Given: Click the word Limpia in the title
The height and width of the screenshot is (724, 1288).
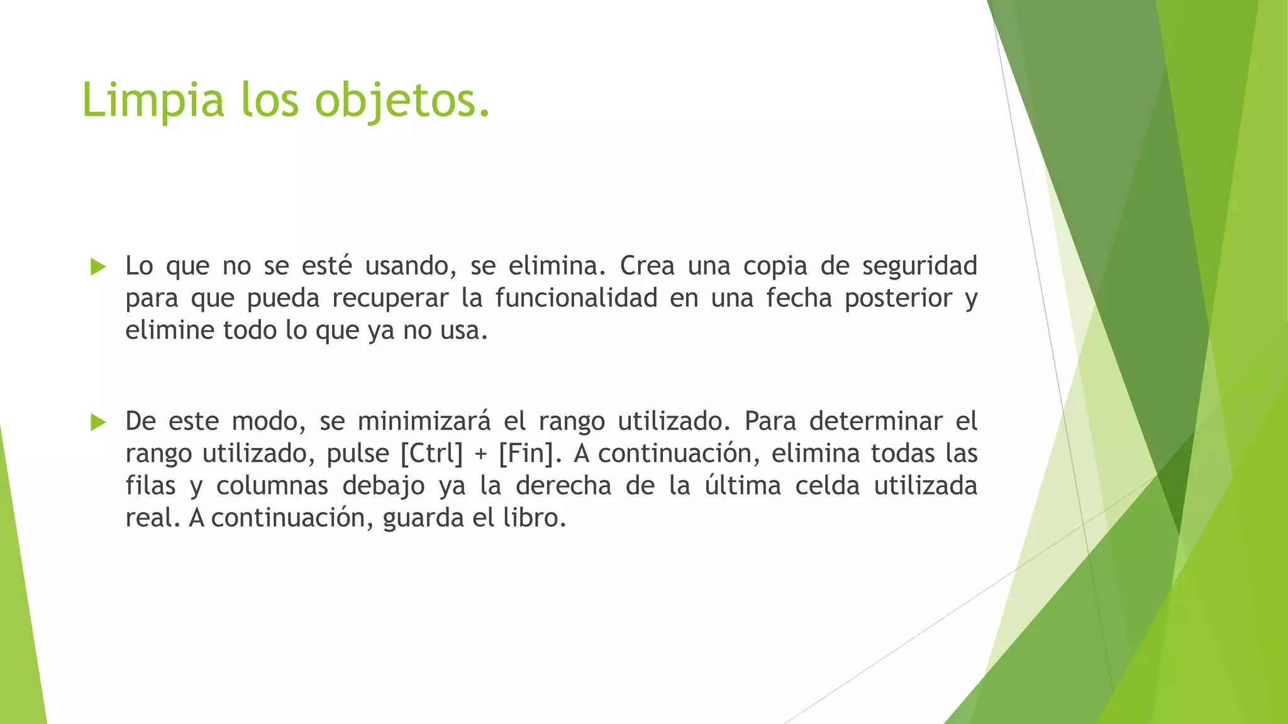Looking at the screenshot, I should (153, 101).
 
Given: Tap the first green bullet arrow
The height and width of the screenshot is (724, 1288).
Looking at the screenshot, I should (98, 266).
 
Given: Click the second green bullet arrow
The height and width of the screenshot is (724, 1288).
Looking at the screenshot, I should (98, 422).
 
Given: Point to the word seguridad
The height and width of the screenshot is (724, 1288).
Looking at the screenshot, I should (919, 266).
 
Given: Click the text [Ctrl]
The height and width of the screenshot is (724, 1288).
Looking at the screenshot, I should (431, 454).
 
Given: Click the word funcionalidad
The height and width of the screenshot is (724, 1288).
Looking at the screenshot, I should (576, 298).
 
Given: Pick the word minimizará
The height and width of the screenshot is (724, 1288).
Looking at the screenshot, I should (424, 421).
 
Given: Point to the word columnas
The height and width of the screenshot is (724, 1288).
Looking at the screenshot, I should (272, 486).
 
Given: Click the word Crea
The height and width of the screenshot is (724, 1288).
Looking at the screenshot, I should (647, 266).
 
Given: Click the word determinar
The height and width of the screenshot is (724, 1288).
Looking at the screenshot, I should (875, 421).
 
